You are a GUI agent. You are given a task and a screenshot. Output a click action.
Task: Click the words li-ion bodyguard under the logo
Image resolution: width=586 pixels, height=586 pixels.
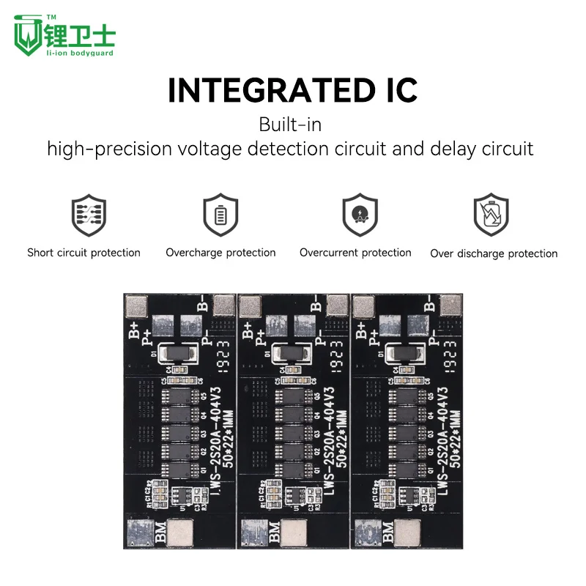79,53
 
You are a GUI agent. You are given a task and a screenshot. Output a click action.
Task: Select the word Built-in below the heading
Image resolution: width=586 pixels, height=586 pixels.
290,125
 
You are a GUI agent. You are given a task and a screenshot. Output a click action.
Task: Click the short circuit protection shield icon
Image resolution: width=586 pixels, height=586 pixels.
84,215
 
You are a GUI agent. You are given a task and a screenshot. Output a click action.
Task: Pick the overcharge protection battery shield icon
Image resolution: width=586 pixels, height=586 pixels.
220,215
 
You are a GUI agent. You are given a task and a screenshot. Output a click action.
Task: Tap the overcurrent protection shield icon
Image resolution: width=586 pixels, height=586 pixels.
360,215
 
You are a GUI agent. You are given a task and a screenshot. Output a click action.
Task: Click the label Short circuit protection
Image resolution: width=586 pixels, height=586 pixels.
84,253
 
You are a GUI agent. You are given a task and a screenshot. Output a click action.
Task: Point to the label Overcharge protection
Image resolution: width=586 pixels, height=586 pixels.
220,253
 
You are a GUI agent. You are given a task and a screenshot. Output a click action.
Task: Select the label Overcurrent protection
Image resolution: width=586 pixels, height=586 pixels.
355,253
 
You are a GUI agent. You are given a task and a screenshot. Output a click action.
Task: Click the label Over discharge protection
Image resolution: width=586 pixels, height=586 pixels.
494,253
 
